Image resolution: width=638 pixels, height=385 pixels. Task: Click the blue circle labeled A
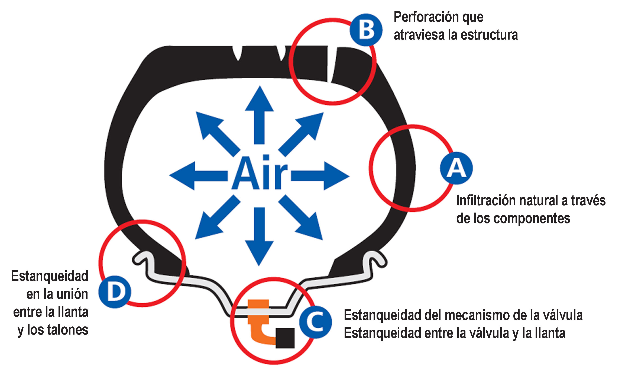click(456, 168)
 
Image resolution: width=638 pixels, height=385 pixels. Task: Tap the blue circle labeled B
click(366, 30)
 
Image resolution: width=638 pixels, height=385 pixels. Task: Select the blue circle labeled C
click(316, 322)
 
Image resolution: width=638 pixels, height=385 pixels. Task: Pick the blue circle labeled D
click(115, 292)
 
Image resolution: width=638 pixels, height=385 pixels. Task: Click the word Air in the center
click(259, 173)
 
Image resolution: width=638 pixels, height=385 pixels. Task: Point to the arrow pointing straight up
click(259, 115)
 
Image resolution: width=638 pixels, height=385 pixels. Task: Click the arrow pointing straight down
click(259, 237)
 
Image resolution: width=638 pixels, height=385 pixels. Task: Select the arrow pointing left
click(198, 176)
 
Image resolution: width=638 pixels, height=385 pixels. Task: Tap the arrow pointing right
click(320, 176)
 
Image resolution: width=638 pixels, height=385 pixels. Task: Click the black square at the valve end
click(285, 338)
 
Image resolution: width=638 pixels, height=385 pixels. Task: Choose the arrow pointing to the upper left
click(218, 134)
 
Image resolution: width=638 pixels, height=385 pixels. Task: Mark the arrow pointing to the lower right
click(301, 217)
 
